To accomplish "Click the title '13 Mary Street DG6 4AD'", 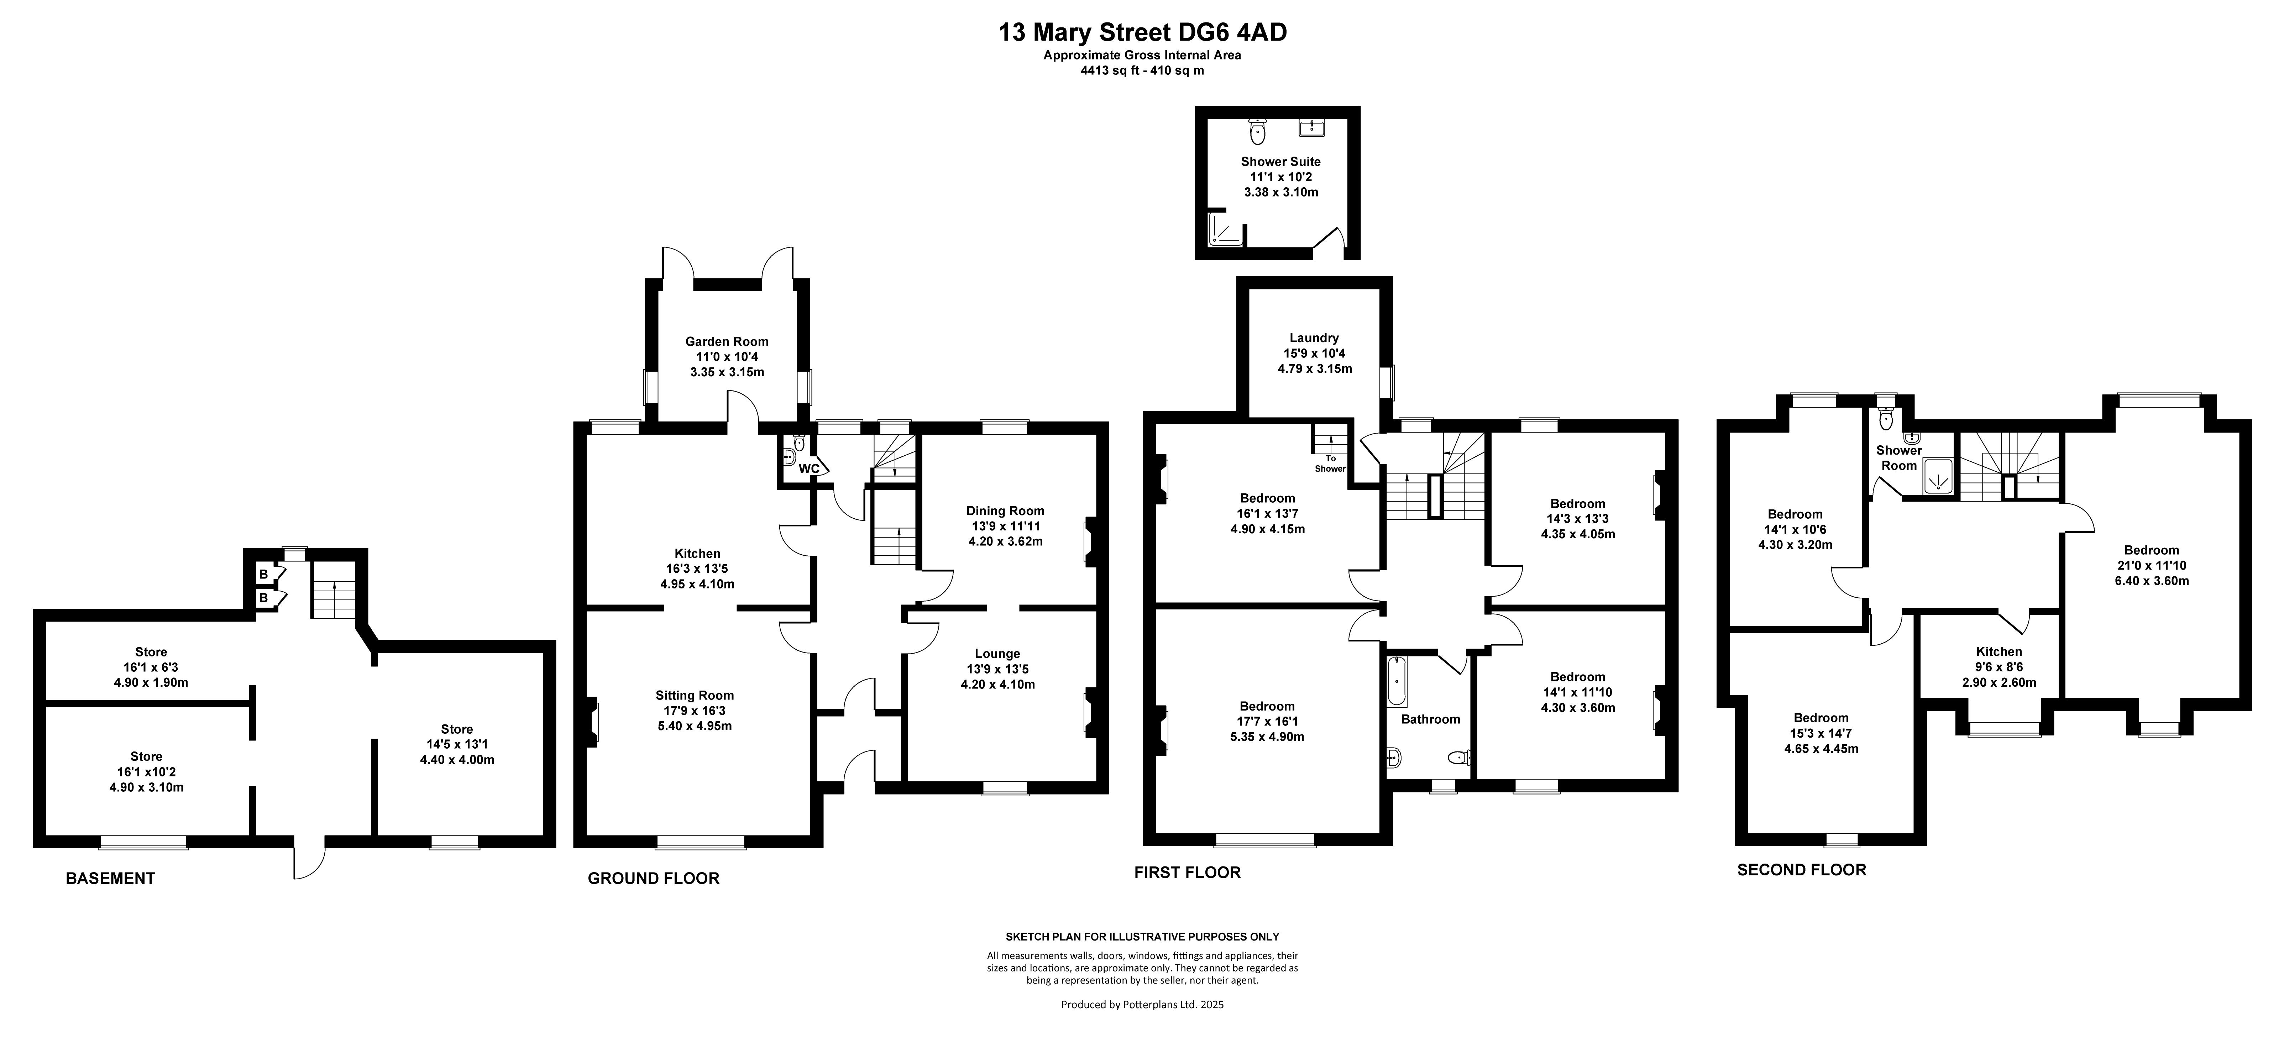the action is click(1143, 33).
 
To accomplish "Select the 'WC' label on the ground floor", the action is click(809, 469).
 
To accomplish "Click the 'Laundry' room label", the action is click(1314, 338).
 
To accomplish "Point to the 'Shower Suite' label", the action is click(1280, 161).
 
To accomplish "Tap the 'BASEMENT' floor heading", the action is click(111, 879).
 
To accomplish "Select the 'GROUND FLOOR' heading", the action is click(654, 879).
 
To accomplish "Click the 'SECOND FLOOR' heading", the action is click(1802, 870).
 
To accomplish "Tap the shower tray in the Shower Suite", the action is click(1226, 230).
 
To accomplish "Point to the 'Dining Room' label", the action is click(1005, 511).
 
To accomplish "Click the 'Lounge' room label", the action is click(997, 654).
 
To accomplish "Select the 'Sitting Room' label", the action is click(695, 695).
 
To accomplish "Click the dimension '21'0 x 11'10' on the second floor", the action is click(2151, 566).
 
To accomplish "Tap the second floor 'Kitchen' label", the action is click(1999, 652).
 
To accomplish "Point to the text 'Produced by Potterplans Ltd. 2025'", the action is click(1142, 1005).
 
